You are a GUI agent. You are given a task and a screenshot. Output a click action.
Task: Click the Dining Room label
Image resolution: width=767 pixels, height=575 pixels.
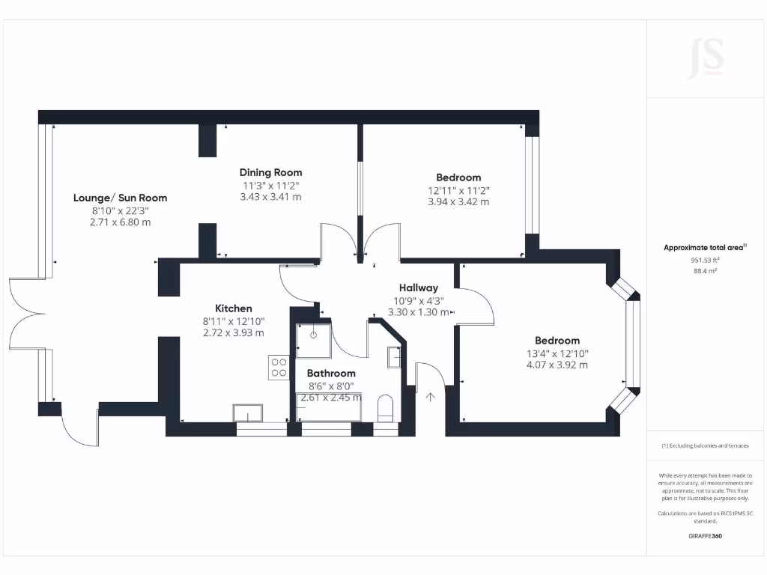pyautogui.click(x=270, y=172)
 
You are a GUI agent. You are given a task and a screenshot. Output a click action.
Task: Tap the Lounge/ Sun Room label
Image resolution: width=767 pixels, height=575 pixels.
pyautogui.click(x=120, y=198)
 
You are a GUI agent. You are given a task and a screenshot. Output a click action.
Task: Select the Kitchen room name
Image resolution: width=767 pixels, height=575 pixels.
pyautogui.click(x=234, y=308)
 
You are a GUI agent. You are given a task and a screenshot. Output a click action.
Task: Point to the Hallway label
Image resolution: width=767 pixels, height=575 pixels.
pyautogui.click(x=419, y=287)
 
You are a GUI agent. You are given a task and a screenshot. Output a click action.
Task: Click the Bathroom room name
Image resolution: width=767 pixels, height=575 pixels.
pyautogui.click(x=331, y=373)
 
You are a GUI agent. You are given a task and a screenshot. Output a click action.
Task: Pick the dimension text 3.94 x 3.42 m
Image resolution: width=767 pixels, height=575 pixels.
pyautogui.click(x=458, y=201)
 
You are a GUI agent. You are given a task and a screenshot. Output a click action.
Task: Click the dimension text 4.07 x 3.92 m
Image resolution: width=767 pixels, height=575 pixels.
pyautogui.click(x=557, y=365)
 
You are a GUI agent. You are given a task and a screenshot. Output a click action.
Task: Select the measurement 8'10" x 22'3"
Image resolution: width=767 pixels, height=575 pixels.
pyautogui.click(x=120, y=210)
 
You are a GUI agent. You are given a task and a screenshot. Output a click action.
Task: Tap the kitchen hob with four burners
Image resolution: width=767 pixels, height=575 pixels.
pyautogui.click(x=278, y=366)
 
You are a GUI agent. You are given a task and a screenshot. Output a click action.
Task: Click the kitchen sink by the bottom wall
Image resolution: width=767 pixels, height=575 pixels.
pyautogui.click(x=248, y=413)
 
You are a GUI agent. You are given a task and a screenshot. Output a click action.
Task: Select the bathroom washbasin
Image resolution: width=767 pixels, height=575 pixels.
pyautogui.click(x=394, y=357)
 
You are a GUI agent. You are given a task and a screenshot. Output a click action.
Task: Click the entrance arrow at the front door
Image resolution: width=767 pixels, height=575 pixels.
pyautogui.click(x=431, y=398)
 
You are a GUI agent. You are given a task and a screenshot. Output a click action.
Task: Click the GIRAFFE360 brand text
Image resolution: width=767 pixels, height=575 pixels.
pyautogui.click(x=705, y=536)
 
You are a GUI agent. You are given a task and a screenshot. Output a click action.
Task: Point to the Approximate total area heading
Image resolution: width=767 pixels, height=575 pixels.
pyautogui.click(x=705, y=247)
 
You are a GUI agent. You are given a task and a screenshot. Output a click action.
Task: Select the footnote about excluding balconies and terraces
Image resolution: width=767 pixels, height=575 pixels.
pyautogui.click(x=705, y=445)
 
